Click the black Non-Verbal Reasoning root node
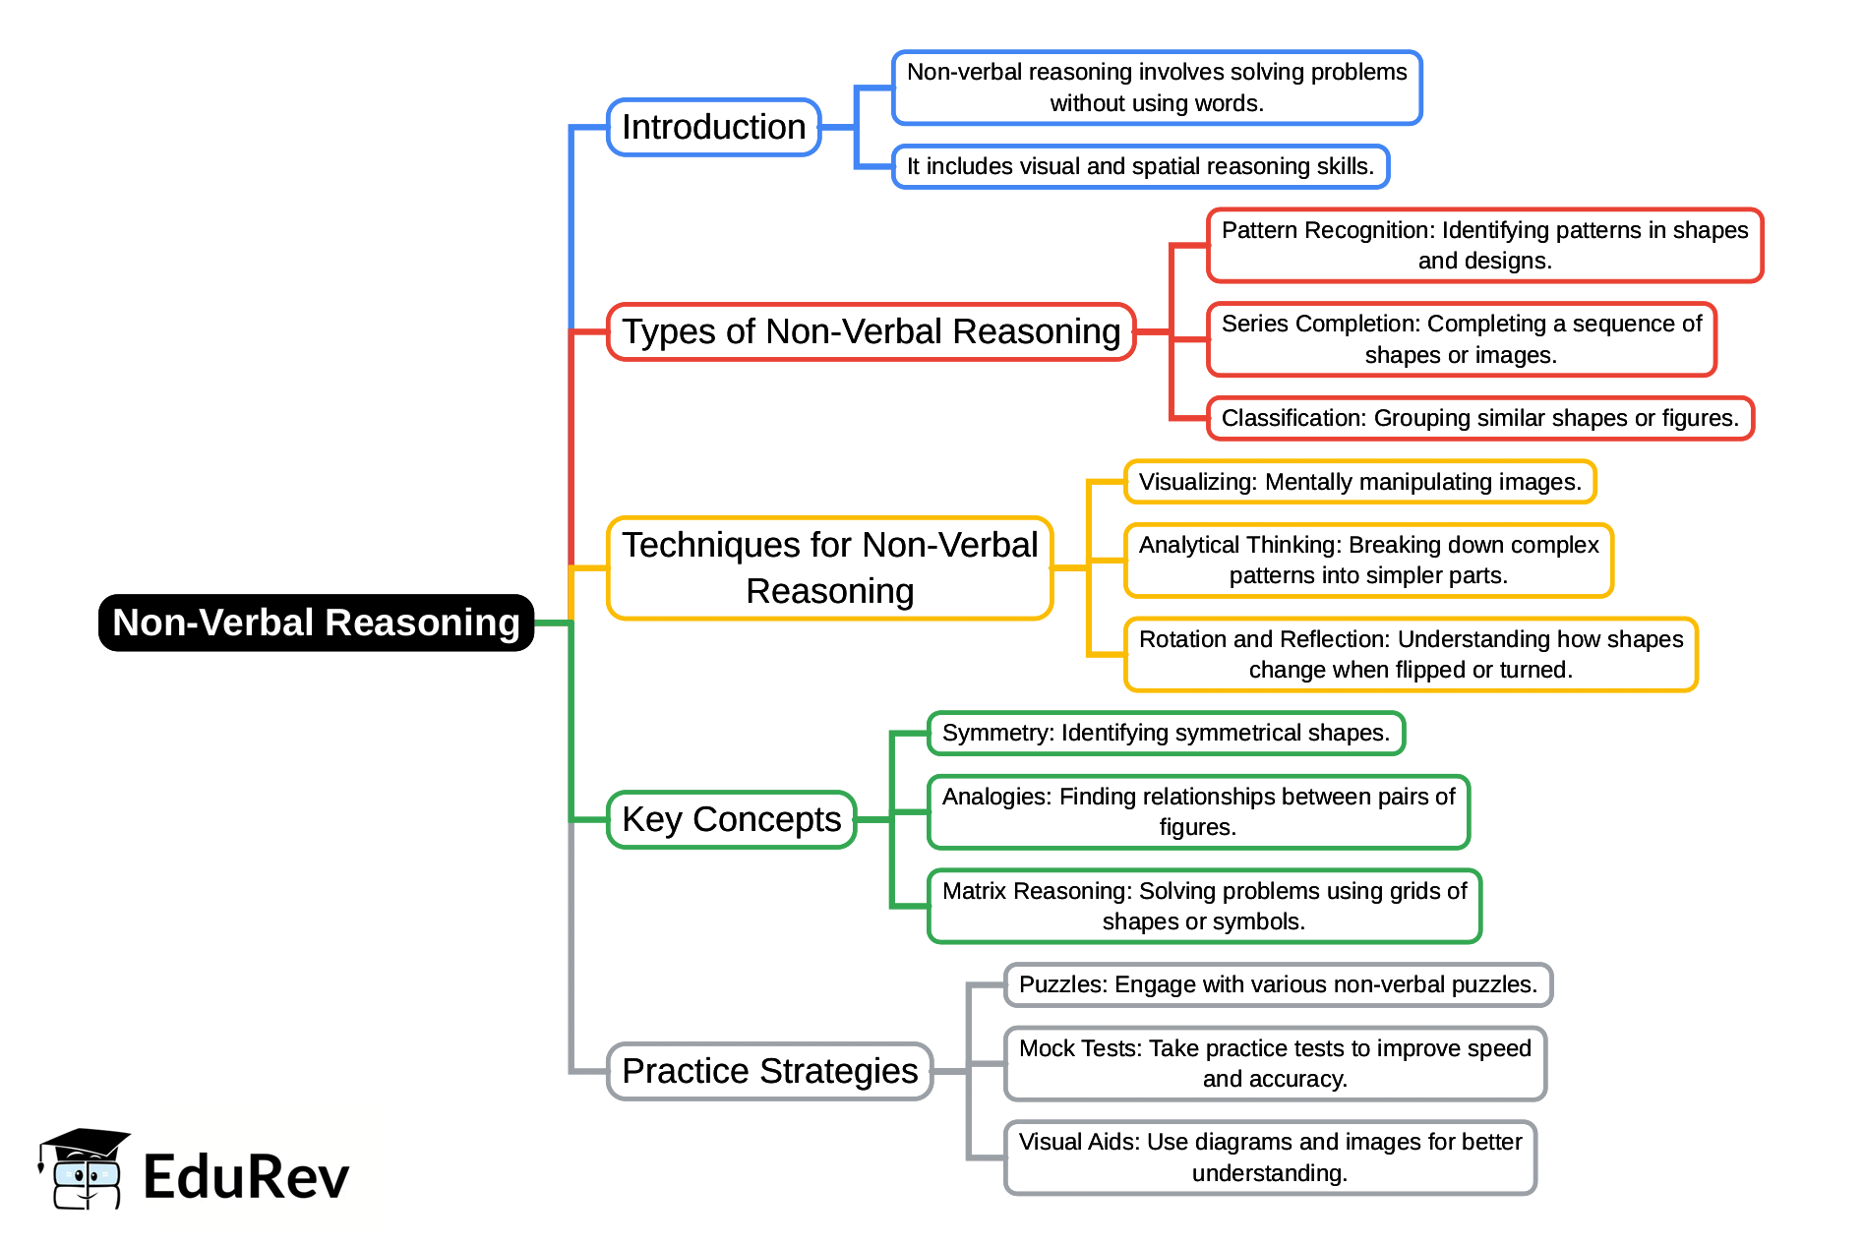coord(316,623)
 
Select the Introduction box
coord(713,127)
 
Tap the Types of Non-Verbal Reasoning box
coord(871,332)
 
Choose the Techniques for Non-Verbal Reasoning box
coord(829,567)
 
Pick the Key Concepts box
coord(731,819)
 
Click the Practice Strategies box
coord(769,1071)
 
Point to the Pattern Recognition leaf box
coord(1484,245)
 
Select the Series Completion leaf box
coord(1461,339)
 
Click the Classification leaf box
coord(1479,418)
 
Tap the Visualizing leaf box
coord(1359,482)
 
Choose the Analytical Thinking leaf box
coord(1368,561)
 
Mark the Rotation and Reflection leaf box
coord(1411,654)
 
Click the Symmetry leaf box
coord(1166,733)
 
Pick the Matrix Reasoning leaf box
coord(1204,906)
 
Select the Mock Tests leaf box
coord(1275,1063)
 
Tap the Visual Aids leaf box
coord(1270,1157)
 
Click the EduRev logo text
coord(246,1177)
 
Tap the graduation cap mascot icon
coord(85,1169)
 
